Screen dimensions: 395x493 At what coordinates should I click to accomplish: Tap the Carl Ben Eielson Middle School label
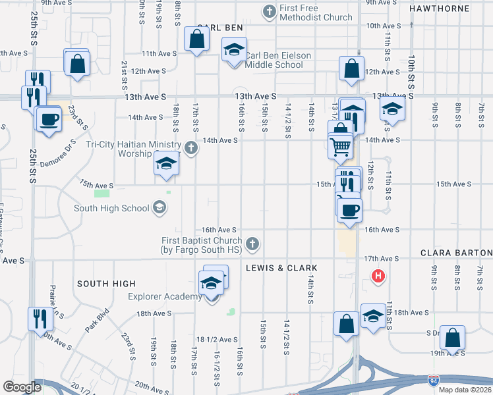[278, 61]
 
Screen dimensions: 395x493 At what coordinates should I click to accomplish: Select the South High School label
[111, 209]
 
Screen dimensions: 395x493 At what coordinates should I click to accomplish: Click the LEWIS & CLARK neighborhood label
[281, 269]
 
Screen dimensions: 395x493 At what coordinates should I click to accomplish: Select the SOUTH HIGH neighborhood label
[106, 284]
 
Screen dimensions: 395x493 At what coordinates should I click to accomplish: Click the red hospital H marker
[378, 276]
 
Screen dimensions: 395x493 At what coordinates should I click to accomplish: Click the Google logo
[22, 387]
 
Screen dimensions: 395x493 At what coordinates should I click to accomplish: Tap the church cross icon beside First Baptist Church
[251, 246]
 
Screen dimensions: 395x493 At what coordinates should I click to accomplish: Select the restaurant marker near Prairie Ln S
[40, 319]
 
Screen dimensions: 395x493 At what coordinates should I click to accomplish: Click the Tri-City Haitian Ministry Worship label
[134, 149]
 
